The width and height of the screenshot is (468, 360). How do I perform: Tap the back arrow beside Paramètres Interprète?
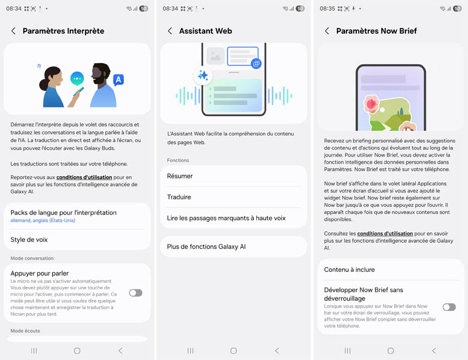point(13,31)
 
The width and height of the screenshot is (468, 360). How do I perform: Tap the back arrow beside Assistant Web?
point(170,31)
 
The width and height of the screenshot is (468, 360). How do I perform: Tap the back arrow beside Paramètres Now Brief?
point(327,31)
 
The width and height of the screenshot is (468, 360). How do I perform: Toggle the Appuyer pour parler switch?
point(136,293)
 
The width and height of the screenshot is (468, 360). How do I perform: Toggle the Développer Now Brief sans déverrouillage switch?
point(449,307)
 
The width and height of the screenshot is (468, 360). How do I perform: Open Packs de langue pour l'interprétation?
point(64,213)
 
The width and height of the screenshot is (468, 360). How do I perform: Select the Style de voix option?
point(29,240)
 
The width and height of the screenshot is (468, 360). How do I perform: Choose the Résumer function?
point(180,176)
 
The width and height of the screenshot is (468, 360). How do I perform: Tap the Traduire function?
point(179,197)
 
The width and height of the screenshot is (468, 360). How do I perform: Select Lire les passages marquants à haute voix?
point(226,218)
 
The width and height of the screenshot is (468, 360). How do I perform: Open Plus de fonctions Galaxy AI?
point(207,247)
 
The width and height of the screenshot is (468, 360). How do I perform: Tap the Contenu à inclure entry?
point(349,269)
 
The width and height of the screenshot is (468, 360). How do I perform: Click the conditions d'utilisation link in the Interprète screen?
point(84,177)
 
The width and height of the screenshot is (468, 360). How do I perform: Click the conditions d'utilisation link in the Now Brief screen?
point(385,234)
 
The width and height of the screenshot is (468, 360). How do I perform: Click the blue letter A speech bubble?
point(119,79)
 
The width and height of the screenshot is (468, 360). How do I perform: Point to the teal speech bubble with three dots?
point(77,79)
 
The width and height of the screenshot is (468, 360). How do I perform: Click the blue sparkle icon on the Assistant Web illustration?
point(203,75)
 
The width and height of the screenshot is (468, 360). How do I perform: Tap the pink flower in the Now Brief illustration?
point(371,103)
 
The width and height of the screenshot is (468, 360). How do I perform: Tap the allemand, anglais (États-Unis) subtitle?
point(43,220)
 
